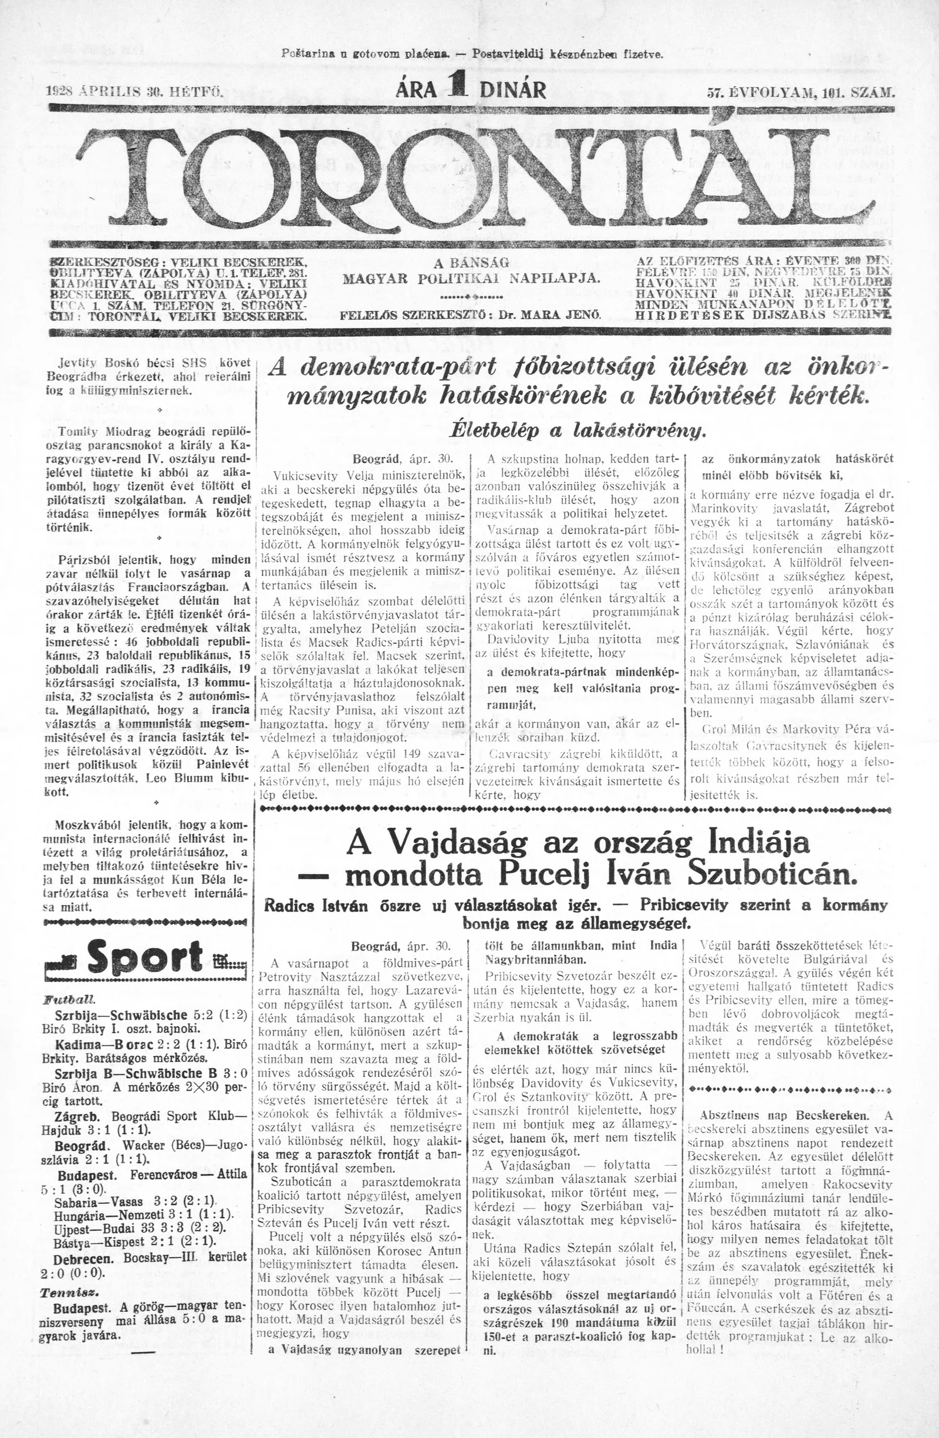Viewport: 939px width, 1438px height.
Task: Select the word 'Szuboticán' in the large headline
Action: [779, 875]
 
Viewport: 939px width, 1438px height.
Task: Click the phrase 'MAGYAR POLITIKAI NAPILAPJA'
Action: [471, 279]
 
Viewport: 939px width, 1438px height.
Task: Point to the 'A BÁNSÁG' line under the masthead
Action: [471, 263]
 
